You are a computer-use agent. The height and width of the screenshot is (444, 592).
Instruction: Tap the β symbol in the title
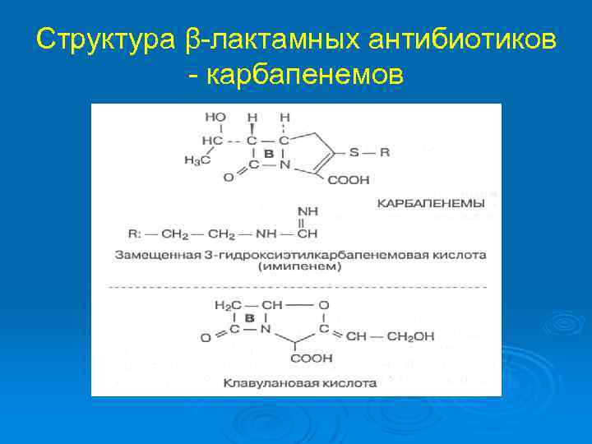tap(192, 39)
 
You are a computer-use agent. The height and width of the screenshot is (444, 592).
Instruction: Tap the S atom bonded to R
tap(354, 152)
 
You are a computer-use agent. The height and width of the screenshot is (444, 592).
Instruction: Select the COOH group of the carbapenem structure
tap(348, 180)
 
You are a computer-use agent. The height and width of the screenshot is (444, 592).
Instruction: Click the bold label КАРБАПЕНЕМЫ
tap(431, 202)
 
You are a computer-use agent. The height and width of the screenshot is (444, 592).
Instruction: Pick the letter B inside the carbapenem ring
tap(269, 154)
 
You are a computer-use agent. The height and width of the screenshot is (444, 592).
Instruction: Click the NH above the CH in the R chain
tap(308, 211)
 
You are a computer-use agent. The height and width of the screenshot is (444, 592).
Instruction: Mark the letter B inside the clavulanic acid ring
tap(249, 319)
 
